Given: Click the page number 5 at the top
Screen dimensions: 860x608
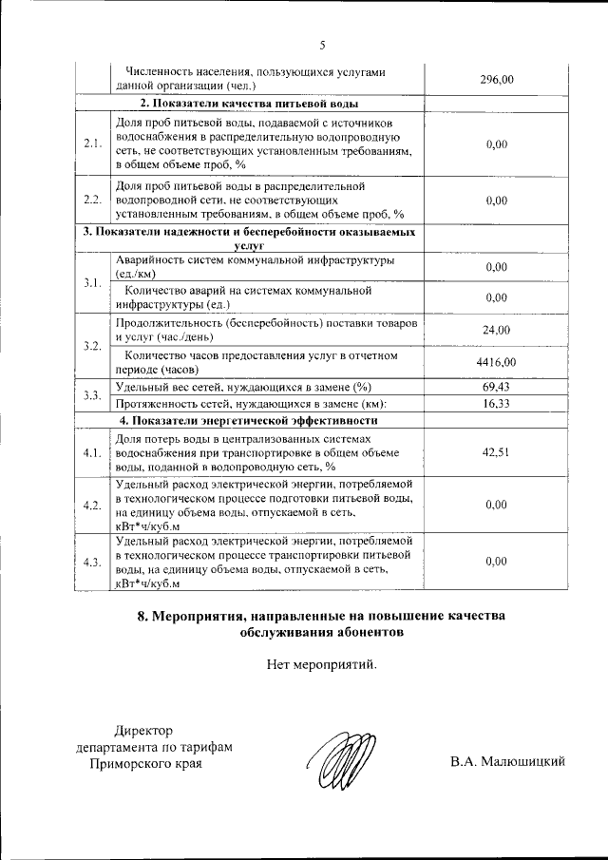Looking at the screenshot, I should click(322, 46).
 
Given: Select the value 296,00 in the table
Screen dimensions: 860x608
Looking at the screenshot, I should click(496, 79).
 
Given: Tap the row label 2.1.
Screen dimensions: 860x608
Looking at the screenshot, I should click(92, 144).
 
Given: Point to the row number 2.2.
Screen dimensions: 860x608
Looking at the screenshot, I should click(92, 201).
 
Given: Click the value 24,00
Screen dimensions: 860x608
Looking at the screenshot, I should click(496, 330).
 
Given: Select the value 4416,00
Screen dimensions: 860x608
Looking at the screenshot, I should click(496, 363).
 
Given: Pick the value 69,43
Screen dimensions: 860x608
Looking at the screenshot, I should click(496, 387).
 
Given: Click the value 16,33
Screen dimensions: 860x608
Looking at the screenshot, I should click(496, 403).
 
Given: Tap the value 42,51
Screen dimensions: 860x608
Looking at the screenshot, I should click(496, 452).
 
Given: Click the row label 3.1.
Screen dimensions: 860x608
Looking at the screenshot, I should click(92, 282).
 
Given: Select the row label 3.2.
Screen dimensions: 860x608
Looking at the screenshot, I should click(92, 345).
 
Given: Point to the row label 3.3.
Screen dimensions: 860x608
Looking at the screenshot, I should click(92, 395).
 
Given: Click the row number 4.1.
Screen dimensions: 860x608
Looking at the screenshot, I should click(92, 452).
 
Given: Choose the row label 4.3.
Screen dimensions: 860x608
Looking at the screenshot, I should click(92, 562).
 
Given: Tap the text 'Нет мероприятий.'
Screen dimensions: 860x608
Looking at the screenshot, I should click(322, 664).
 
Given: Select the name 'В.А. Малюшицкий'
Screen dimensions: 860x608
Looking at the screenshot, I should click(508, 761).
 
